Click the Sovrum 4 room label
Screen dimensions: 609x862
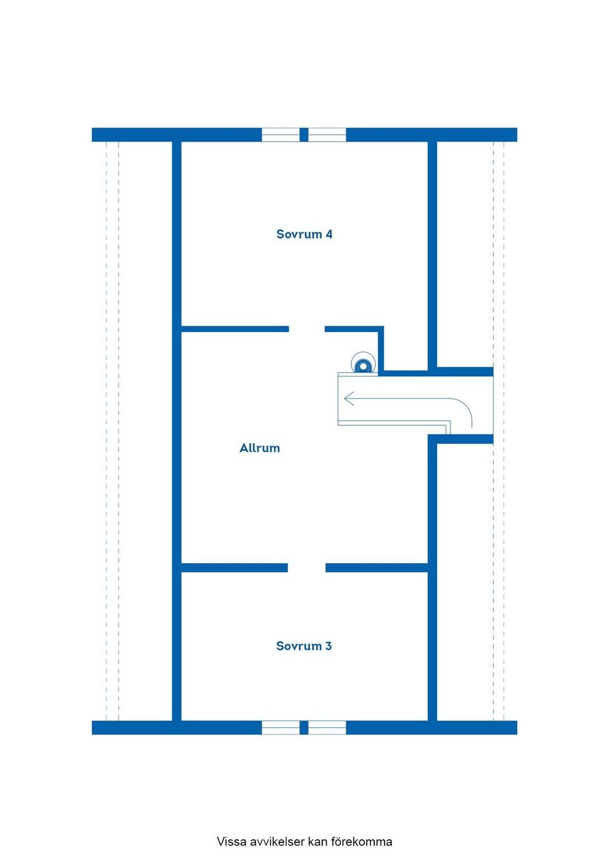pyautogui.click(x=304, y=234)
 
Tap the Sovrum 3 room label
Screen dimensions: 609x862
pyautogui.click(x=304, y=646)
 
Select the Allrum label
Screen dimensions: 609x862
pyautogui.click(x=259, y=448)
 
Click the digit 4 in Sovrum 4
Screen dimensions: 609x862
pyautogui.click(x=329, y=234)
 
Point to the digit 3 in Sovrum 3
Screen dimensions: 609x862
pyautogui.click(x=329, y=646)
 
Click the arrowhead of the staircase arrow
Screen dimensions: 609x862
pyautogui.click(x=349, y=398)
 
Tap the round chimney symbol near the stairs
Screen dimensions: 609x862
pyautogui.click(x=363, y=362)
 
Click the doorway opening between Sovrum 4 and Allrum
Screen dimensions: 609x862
pyautogui.click(x=307, y=329)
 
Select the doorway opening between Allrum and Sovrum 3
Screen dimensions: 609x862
pyautogui.click(x=307, y=567)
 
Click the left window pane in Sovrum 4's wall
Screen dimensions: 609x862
pyautogui.click(x=280, y=135)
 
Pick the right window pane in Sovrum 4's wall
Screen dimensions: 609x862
pyautogui.click(x=327, y=135)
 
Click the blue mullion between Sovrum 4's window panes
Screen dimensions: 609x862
pyautogui.click(x=304, y=135)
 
